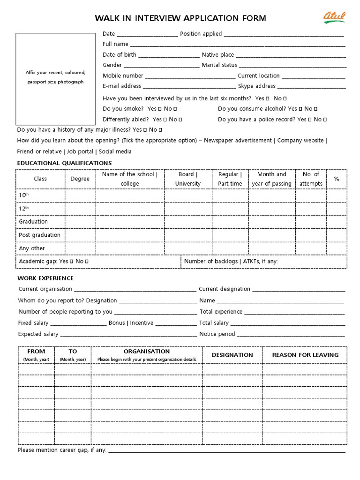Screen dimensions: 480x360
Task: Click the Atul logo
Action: tap(334, 17)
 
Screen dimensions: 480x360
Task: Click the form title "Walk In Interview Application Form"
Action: tap(180, 18)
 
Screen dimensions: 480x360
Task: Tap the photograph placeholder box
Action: tap(55, 78)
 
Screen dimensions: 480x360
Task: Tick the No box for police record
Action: tap(325, 120)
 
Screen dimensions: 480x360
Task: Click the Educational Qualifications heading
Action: tap(64, 163)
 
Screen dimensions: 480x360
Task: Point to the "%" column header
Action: tap(336, 179)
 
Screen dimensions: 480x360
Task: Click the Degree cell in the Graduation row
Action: tap(80, 222)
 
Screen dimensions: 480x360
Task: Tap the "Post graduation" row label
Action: tap(39, 235)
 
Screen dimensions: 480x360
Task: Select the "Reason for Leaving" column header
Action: tap(305, 355)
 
